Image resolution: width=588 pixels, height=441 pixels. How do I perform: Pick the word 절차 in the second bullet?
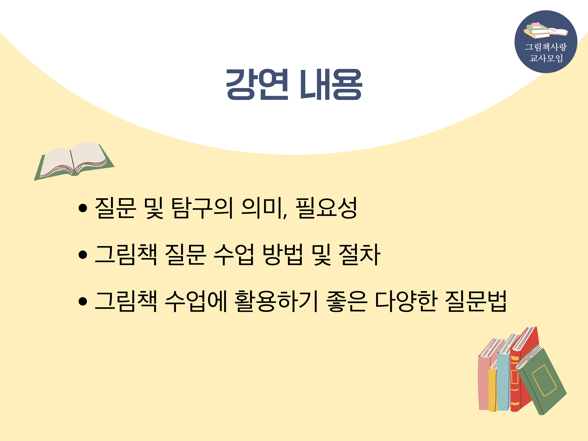tap(359, 255)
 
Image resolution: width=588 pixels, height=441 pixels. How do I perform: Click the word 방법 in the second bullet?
tap(283, 255)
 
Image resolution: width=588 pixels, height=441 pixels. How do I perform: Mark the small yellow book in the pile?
tap(492, 388)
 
